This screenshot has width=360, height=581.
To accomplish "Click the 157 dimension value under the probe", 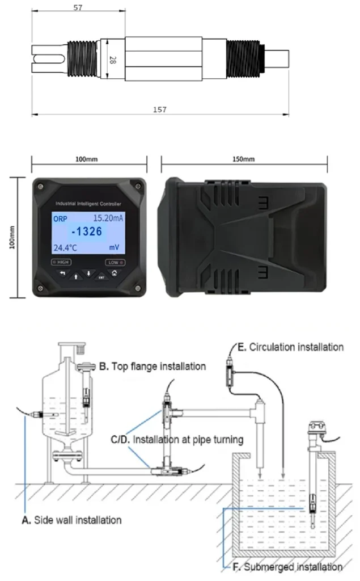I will pyautogui.click(x=160, y=110).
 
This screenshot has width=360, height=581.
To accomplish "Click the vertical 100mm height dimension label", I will pyautogui.click(x=13, y=237).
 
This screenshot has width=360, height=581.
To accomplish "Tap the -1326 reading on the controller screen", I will pyautogui.click(x=87, y=231).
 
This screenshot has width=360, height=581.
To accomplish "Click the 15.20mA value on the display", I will pyautogui.click(x=110, y=218).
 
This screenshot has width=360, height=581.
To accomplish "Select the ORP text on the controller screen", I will pyautogui.click(x=60, y=218).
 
